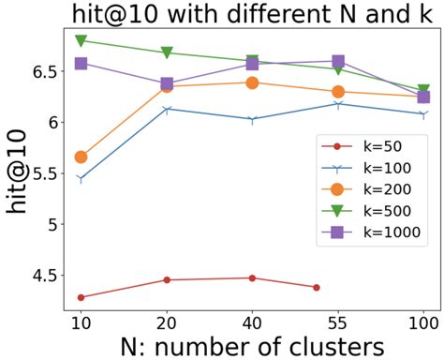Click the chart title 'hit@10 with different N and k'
[242, 15]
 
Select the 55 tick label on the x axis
[338, 321]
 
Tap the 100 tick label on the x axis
[423, 321]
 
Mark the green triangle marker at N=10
[81, 40]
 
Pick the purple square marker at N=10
[81, 64]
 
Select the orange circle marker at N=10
[81, 157]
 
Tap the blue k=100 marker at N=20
[167, 110]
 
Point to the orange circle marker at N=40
[252, 82]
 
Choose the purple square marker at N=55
[338, 61]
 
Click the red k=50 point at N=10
[81, 297]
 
